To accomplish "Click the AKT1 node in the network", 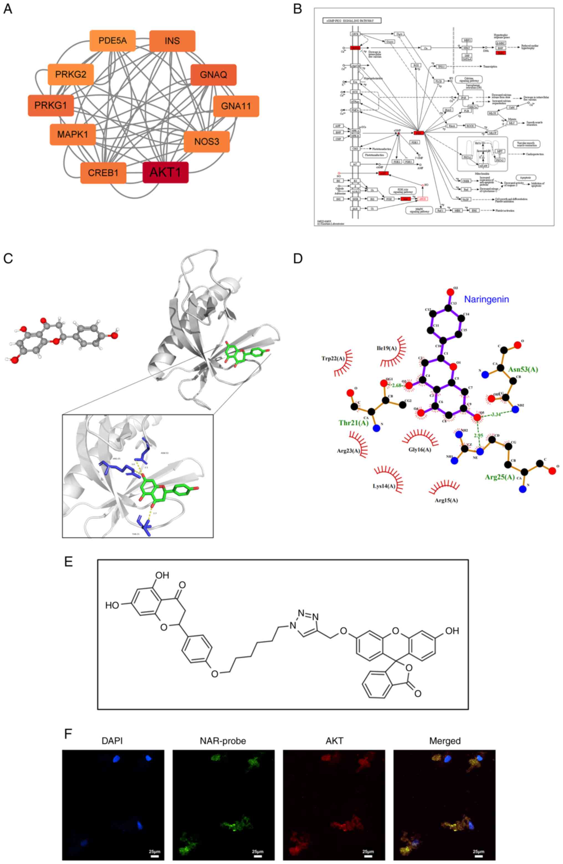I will click(165, 172).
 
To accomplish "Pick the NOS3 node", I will click(206, 141).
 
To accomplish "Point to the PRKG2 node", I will click(71, 74).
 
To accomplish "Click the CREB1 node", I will click(103, 173).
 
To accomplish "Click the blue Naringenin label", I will click(487, 299).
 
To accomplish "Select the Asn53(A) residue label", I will click(523, 369).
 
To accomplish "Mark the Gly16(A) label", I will click(420, 449).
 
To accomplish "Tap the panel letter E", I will click(68, 562).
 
